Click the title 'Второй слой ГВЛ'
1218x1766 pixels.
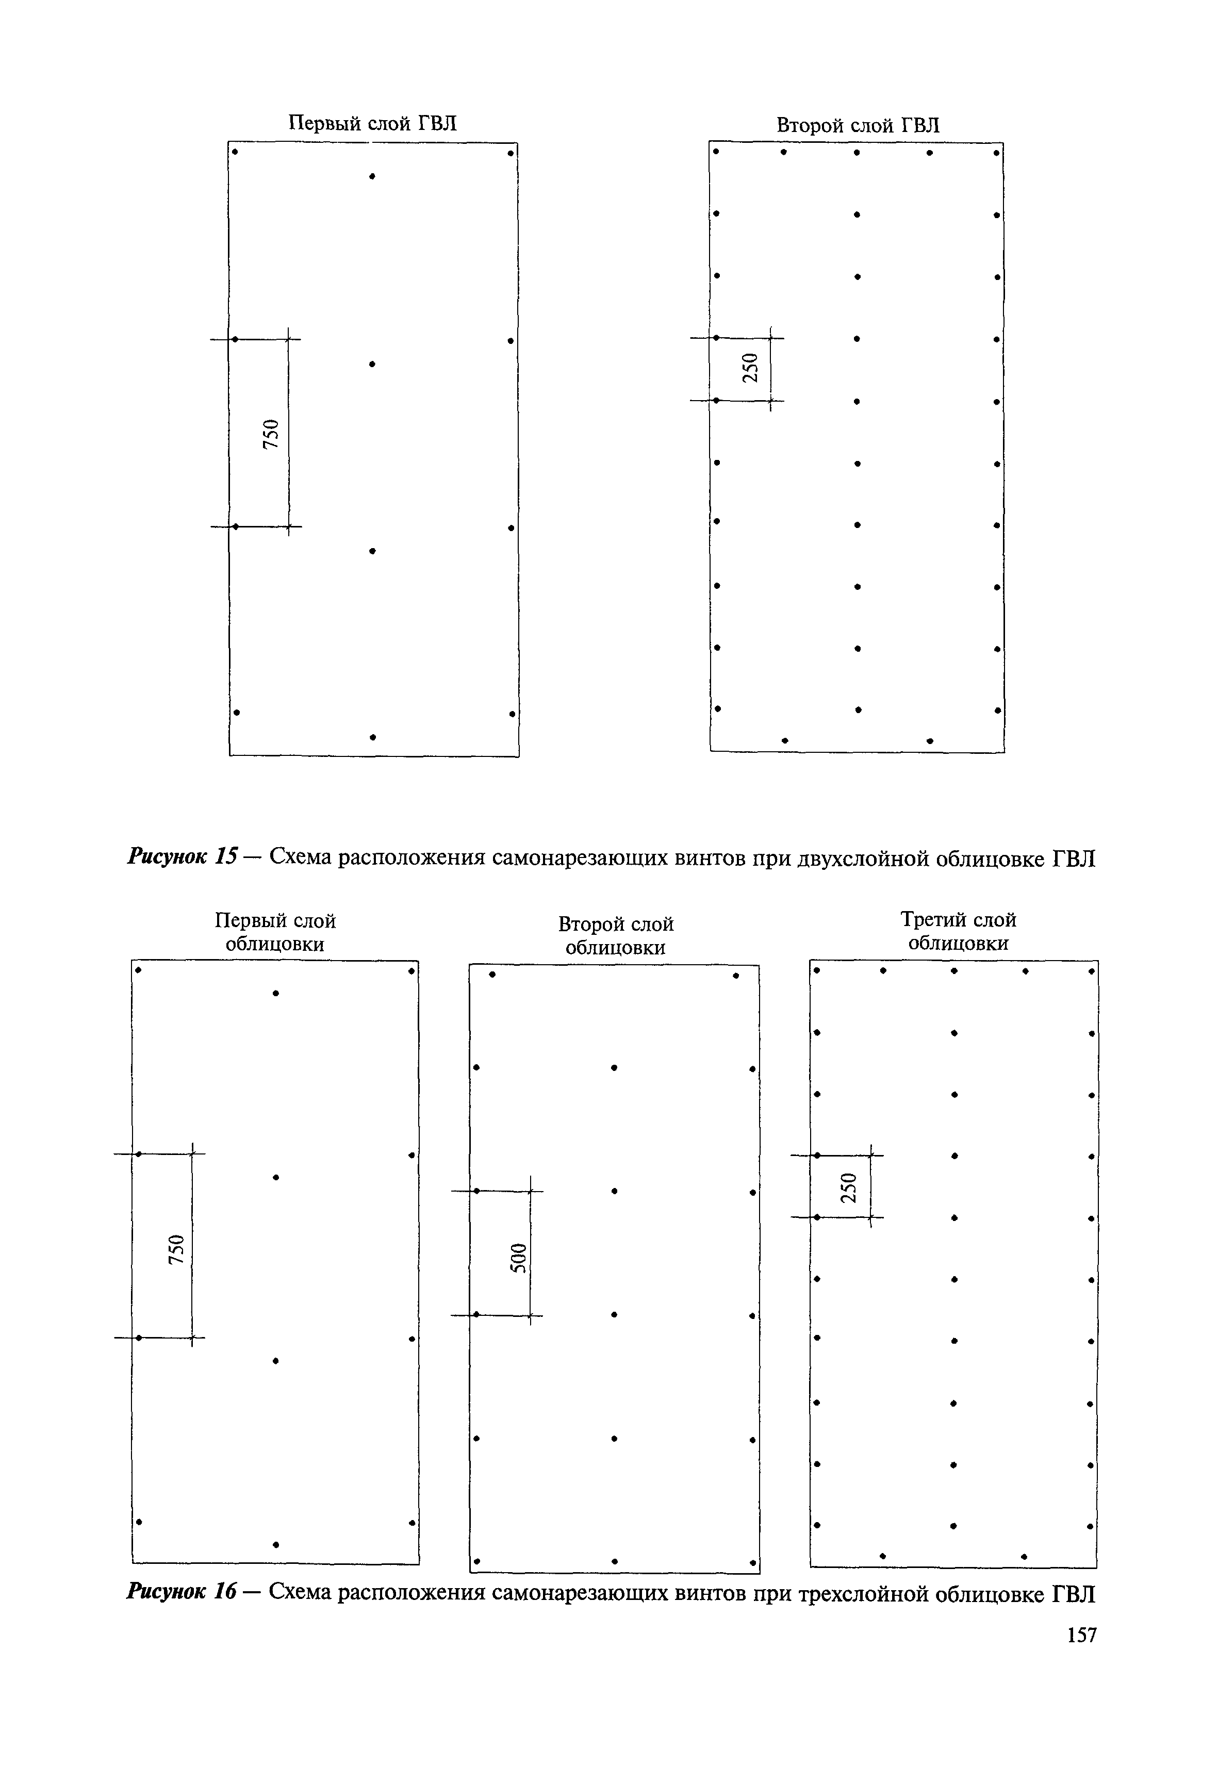(x=858, y=125)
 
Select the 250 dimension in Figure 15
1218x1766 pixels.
(x=751, y=368)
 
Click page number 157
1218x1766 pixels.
(x=1081, y=1635)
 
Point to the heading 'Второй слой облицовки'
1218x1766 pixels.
(x=616, y=936)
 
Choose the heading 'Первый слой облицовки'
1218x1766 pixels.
(x=275, y=933)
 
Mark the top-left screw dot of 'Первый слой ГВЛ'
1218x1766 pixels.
(x=235, y=151)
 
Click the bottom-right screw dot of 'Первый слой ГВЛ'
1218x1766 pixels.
(x=512, y=714)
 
